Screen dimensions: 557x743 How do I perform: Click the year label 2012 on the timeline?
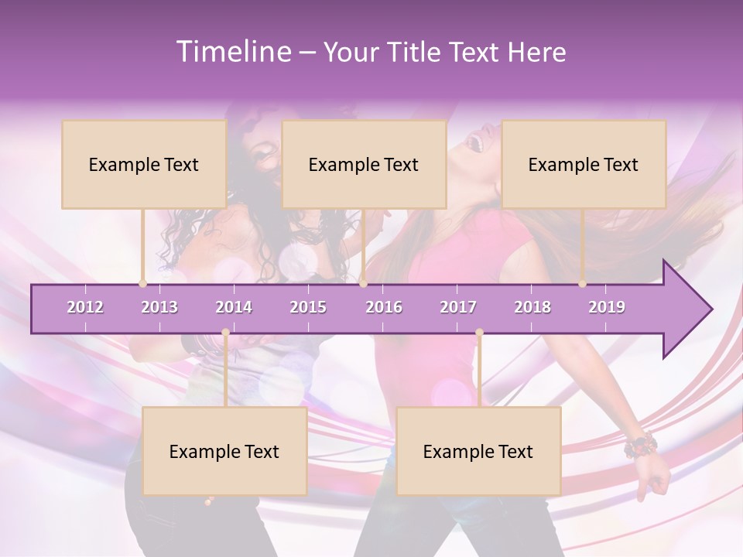point(85,307)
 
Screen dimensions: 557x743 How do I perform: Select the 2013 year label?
point(159,307)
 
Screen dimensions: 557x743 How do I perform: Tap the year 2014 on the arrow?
point(234,307)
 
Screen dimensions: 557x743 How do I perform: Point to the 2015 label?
point(308,307)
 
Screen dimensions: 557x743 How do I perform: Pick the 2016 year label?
point(384,307)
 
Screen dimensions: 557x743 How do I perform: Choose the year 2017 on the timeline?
point(458,307)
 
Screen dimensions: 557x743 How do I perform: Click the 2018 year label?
point(532,307)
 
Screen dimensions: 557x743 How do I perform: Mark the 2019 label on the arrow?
point(607,307)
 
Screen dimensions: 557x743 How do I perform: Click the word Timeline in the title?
point(231,52)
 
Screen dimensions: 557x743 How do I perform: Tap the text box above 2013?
point(144,164)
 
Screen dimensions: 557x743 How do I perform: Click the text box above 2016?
point(364,164)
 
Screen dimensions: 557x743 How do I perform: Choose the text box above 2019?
point(584,164)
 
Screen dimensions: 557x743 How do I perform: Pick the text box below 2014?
point(224,451)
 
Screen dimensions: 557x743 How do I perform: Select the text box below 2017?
point(478,451)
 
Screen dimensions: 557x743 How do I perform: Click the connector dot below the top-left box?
point(142,284)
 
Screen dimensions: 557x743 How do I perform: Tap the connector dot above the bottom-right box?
point(479,333)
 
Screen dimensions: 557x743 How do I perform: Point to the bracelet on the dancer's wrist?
point(640,446)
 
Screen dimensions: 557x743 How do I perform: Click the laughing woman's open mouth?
point(478,144)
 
